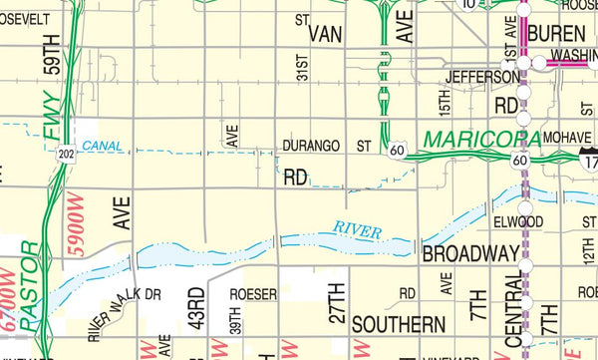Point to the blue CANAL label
pos(104,146)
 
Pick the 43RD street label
pos(196,308)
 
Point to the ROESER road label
pos(252,294)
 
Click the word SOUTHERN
pos(398,325)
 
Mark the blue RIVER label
pos(358,231)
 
